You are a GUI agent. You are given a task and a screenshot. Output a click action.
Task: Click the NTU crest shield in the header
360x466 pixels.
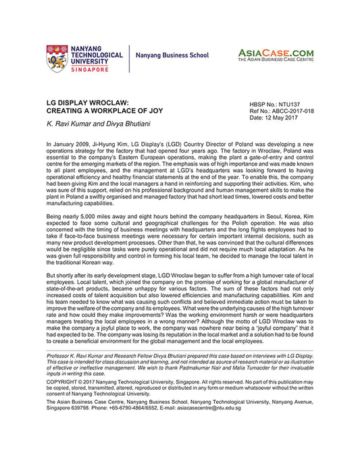tap(57, 59)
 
